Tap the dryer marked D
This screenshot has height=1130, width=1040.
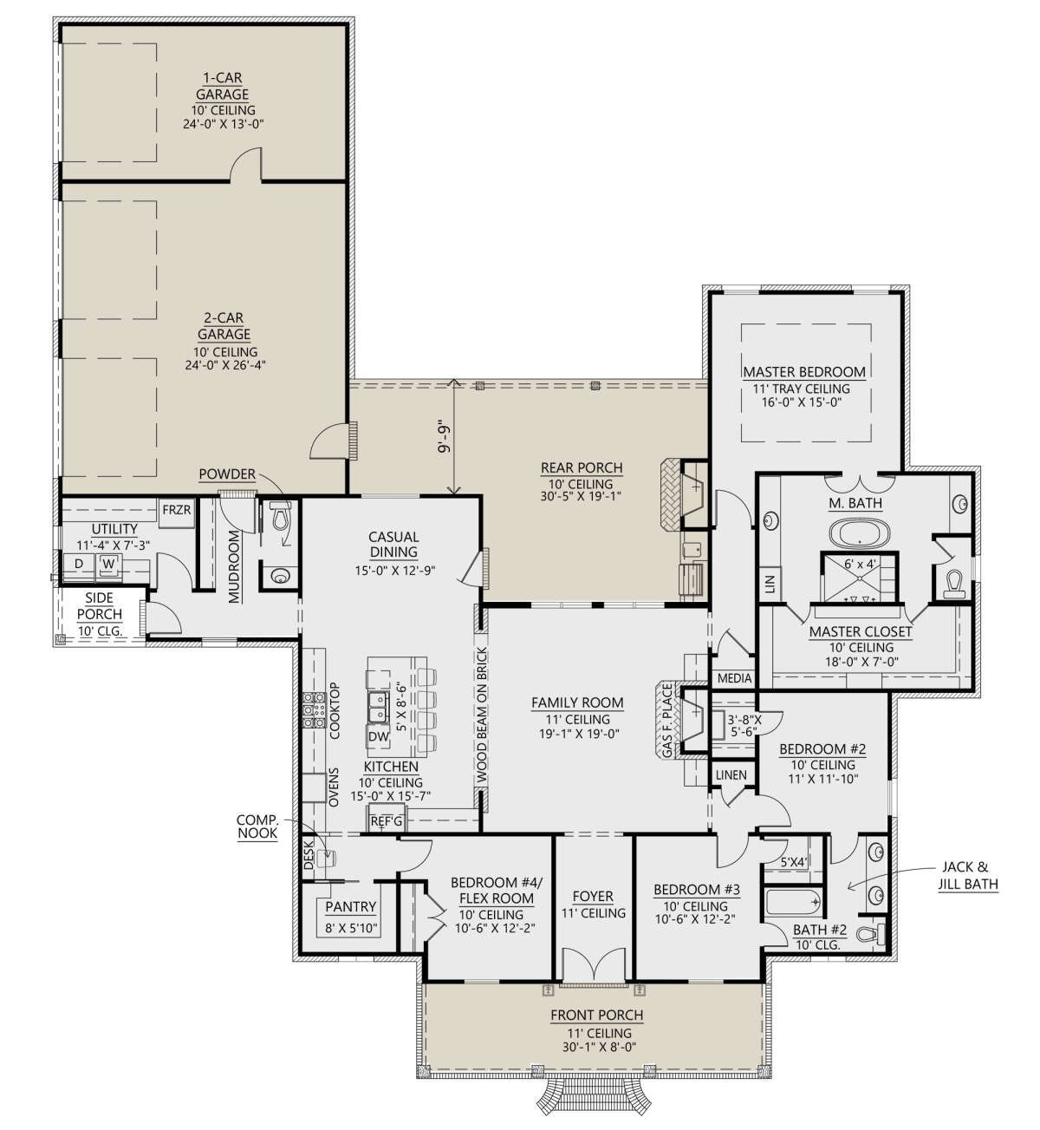[x=79, y=564]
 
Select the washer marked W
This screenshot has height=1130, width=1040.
[x=109, y=564]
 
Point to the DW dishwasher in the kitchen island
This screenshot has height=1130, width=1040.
[x=379, y=736]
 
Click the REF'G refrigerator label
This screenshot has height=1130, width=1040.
[x=387, y=821]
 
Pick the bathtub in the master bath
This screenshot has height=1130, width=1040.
[x=859, y=532]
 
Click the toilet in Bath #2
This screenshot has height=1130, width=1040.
[x=870, y=934]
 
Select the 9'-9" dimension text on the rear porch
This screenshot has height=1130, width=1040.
[x=446, y=438]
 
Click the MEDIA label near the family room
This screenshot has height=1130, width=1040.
[x=734, y=678]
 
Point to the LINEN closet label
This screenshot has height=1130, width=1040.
[x=731, y=775]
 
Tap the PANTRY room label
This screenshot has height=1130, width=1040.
[x=350, y=906]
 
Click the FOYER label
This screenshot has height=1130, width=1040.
[x=593, y=896]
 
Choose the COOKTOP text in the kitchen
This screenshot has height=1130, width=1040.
[x=335, y=711]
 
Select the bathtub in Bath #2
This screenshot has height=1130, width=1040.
[x=794, y=903]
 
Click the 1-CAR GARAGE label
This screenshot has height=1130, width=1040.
[x=223, y=86]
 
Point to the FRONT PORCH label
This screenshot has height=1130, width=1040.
[x=597, y=1015]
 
